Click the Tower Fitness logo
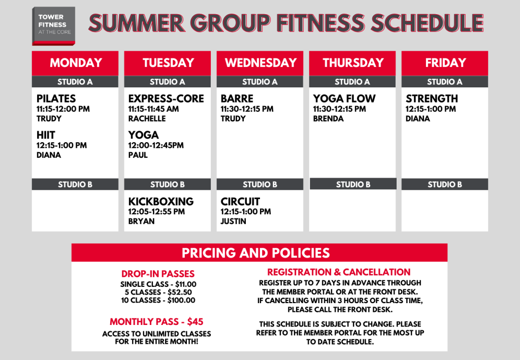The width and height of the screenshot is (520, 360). point(53,26)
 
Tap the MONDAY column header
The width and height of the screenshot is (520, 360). point(75,63)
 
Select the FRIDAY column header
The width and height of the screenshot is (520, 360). point(445,63)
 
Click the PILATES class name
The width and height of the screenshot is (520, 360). point(56,99)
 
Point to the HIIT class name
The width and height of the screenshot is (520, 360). point(46,135)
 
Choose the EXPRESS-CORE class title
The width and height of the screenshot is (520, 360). point(166,99)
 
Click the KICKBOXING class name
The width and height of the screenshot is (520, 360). point(161,201)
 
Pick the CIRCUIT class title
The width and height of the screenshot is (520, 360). point(240,201)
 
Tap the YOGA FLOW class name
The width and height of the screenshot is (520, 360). point(344,99)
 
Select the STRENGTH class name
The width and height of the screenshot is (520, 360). point(432,99)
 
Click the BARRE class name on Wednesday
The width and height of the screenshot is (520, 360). point(237,99)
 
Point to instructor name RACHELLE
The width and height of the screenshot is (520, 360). point(147,119)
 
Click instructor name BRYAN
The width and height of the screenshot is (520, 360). point(141,221)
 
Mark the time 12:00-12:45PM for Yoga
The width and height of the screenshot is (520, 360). point(156,145)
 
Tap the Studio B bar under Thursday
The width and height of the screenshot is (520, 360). point(353,184)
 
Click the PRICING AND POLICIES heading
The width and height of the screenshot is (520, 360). point(256,253)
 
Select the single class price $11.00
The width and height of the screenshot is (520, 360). point(186,284)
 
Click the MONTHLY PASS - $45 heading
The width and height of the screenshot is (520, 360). point(156,321)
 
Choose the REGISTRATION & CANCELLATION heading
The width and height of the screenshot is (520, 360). point(339,272)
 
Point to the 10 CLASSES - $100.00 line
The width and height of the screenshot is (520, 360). point(158,300)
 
